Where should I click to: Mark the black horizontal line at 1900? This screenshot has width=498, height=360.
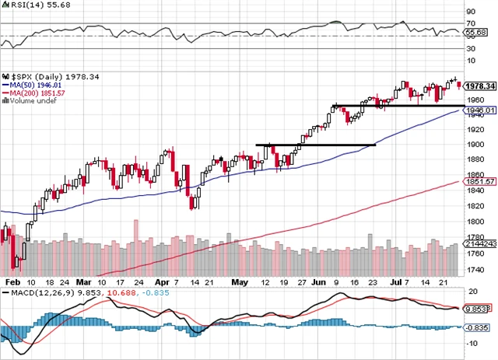click(316, 145)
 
